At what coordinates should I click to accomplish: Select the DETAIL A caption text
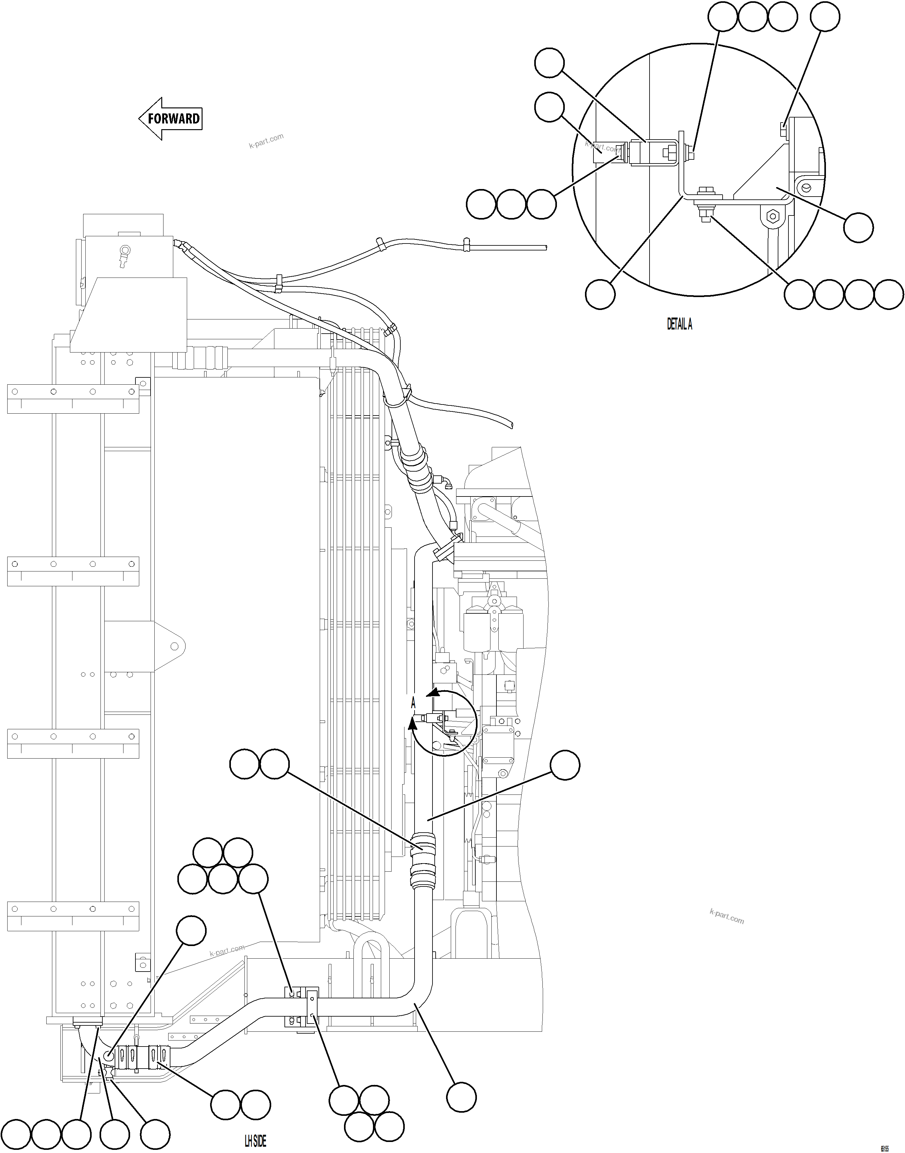coord(679,324)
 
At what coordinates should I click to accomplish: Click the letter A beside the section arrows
coord(413,703)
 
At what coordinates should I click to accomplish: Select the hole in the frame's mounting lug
coord(174,646)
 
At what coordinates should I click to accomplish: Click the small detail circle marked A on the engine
coord(444,723)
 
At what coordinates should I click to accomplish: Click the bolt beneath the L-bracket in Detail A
coord(705,214)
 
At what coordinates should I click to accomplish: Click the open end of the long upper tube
coord(545,247)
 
